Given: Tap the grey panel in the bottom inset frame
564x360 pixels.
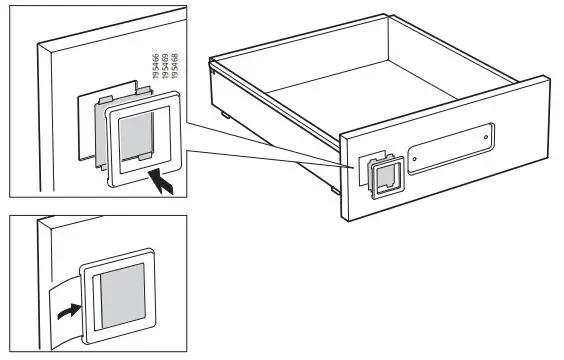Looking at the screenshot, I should [x=123, y=298].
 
